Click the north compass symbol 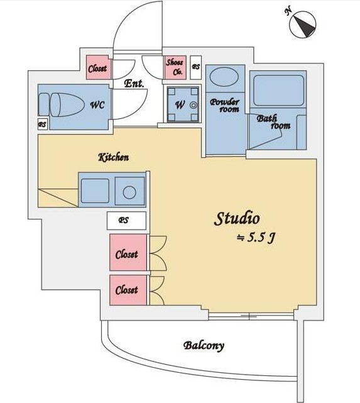(302, 25)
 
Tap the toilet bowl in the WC (67, 105)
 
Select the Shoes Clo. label (175, 67)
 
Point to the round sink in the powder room (224, 77)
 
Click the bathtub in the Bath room (278, 91)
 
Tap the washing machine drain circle (193, 105)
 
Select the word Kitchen (114, 157)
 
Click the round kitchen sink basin (129, 192)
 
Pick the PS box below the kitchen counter (126, 221)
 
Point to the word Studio (236, 219)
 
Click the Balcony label (204, 346)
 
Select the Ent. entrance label (134, 83)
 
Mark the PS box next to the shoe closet (195, 67)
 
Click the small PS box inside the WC (42, 124)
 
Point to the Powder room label (225, 106)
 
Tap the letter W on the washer (180, 104)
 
